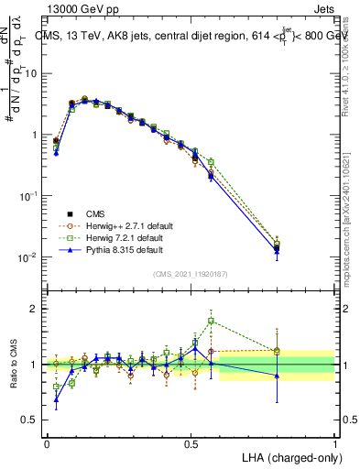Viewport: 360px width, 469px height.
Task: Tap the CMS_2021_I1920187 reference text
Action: [x=190, y=273]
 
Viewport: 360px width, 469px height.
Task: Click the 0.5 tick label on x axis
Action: [x=191, y=443]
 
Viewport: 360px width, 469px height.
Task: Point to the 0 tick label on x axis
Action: [x=47, y=443]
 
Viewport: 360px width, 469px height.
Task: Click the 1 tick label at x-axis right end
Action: [x=334, y=443]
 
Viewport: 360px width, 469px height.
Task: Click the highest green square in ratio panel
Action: [x=212, y=321]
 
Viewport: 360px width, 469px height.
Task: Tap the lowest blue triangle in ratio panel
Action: [x=56, y=398]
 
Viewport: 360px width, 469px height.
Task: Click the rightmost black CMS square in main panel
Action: [x=277, y=247]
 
